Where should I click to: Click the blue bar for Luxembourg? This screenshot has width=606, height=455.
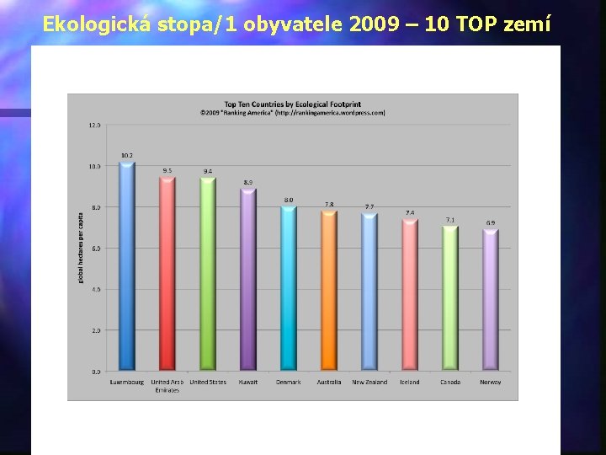[127, 266]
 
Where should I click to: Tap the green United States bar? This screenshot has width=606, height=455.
[208, 275]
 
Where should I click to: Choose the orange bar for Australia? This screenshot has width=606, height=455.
[329, 291]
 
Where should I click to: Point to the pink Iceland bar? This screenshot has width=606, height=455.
[410, 295]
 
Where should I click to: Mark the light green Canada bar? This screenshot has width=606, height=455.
[450, 298]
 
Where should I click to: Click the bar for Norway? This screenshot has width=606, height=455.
[491, 300]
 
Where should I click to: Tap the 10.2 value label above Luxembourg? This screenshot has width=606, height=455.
[127, 155]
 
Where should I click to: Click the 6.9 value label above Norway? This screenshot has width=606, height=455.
[491, 222]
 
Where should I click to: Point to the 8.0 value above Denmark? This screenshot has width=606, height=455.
[289, 200]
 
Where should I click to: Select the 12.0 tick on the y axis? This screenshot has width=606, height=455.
[94, 125]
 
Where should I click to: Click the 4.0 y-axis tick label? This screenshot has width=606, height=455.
[94, 289]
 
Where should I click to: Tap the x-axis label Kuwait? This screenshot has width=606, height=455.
[247, 383]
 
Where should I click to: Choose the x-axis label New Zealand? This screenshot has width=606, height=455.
[369, 383]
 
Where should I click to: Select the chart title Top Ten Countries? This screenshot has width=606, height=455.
[292, 104]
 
